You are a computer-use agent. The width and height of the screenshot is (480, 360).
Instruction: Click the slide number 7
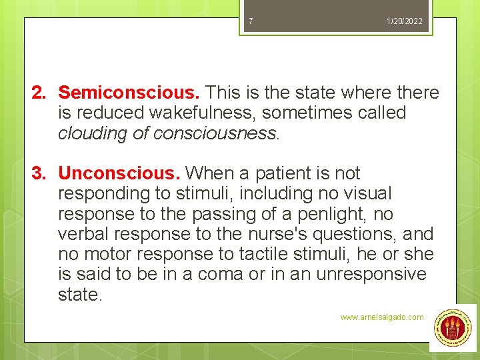tap(251, 21)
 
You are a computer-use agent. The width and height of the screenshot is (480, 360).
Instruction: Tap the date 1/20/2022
tap(405, 21)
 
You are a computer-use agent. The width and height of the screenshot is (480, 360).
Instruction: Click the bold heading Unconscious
tap(119, 173)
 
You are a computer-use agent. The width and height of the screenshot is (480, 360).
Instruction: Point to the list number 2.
tap(41, 93)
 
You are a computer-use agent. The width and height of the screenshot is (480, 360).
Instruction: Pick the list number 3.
tap(41, 173)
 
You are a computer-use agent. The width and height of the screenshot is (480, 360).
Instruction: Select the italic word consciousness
tap(213, 133)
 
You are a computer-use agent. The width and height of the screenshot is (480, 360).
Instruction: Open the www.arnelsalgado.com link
tap(381, 317)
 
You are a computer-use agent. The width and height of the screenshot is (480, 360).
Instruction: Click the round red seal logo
tap(453, 328)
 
